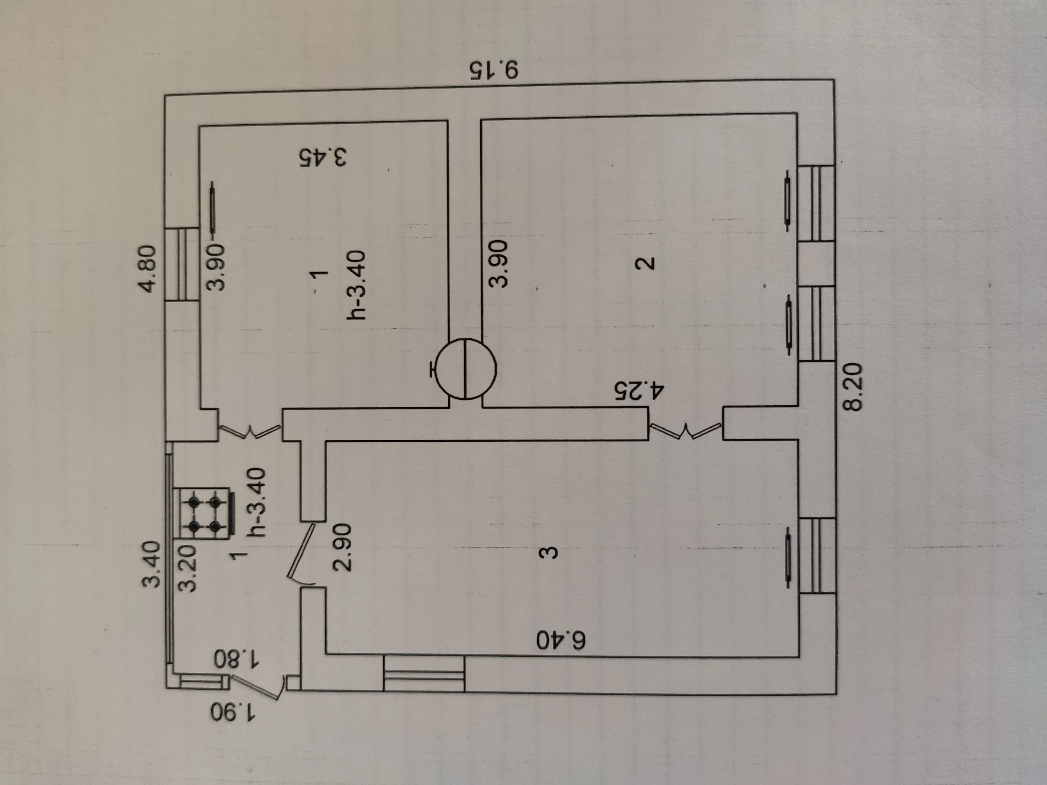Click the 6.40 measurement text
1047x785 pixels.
561,641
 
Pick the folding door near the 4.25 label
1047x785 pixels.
685,431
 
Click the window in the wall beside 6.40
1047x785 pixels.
424,675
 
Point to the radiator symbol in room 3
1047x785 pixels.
788,561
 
